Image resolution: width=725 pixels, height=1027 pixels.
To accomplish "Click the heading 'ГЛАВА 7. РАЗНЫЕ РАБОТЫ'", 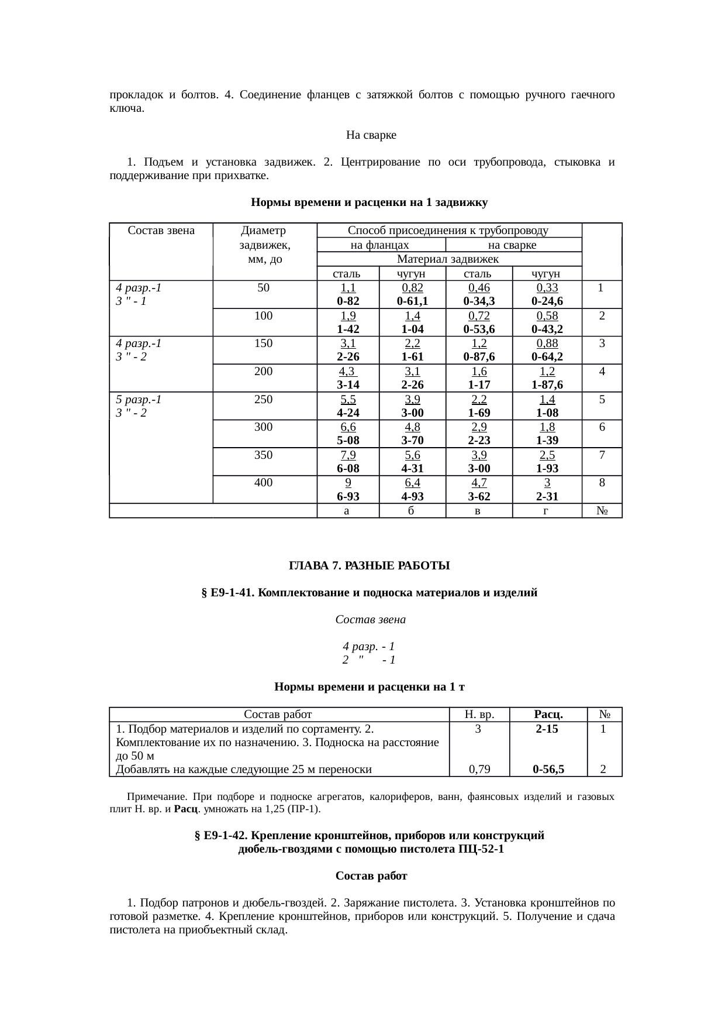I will tap(370, 566).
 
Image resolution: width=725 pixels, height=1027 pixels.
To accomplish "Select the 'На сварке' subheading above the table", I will tap(371, 135).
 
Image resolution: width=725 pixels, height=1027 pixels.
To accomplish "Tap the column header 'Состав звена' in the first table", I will tap(161, 231).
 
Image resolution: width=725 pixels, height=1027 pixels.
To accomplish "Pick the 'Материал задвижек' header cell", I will tap(448, 259).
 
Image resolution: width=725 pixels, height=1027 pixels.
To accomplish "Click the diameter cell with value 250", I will tap(264, 400).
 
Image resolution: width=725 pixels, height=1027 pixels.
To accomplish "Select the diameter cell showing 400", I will tap(264, 483).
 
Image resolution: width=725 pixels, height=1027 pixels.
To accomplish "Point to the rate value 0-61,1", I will tap(412, 301).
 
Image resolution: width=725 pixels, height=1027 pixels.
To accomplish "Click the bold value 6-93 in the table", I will tap(348, 496).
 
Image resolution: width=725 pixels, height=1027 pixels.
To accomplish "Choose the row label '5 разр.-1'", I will tap(139, 400).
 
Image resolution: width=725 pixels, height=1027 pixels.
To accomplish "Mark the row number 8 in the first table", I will tap(602, 483).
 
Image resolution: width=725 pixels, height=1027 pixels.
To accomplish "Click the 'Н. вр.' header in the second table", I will tap(479, 715).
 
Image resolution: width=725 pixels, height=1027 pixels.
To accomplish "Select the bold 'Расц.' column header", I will tap(548, 715).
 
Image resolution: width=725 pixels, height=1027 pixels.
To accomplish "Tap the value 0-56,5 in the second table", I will tap(548, 770).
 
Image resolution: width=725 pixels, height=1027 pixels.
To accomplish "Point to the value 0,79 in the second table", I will tap(479, 770).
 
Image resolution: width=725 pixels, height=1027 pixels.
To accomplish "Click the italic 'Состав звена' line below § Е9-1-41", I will tap(370, 619).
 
